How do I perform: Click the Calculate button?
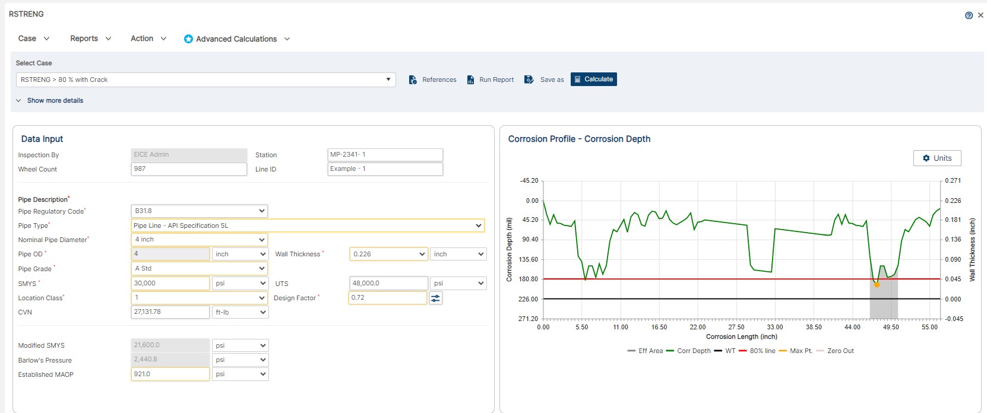(x=593, y=80)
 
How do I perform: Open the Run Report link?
(x=491, y=80)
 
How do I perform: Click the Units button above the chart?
(x=937, y=158)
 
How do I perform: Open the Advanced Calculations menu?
(x=236, y=39)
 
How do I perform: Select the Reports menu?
(x=90, y=39)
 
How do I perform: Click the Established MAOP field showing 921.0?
(x=170, y=374)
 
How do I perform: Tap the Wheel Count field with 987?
(x=188, y=169)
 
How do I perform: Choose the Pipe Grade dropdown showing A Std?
(x=199, y=269)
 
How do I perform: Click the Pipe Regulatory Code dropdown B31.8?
(x=199, y=211)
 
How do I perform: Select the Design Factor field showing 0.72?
(x=387, y=298)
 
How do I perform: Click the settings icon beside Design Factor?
(x=436, y=298)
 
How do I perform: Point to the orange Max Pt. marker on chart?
(x=877, y=285)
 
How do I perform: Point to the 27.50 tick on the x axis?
(x=736, y=328)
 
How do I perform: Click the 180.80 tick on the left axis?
(x=528, y=279)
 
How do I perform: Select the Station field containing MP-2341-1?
(x=385, y=155)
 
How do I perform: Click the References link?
(x=433, y=80)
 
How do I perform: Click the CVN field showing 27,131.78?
(x=170, y=312)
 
